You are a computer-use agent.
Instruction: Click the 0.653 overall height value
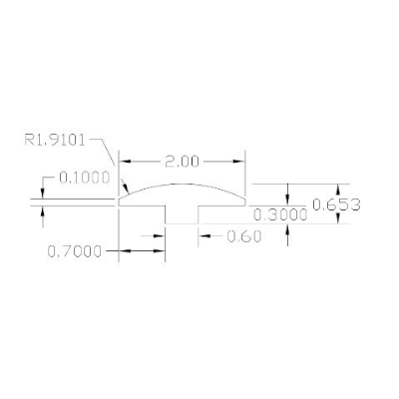[x=335, y=204]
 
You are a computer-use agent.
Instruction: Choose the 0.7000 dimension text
[x=75, y=252]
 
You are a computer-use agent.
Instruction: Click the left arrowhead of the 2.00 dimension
[x=125, y=161]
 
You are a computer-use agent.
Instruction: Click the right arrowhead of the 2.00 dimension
[x=240, y=161]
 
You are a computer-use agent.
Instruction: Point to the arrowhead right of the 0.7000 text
[x=160, y=252]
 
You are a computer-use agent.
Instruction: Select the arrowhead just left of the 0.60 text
[x=202, y=236]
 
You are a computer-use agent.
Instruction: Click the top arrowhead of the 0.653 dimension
[x=339, y=189]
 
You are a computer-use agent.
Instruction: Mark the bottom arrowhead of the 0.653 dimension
[x=339, y=219]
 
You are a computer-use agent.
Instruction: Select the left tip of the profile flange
[x=120, y=202]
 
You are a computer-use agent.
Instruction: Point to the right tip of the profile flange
[x=245, y=202]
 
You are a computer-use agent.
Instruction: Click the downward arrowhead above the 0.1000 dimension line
[x=43, y=195]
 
